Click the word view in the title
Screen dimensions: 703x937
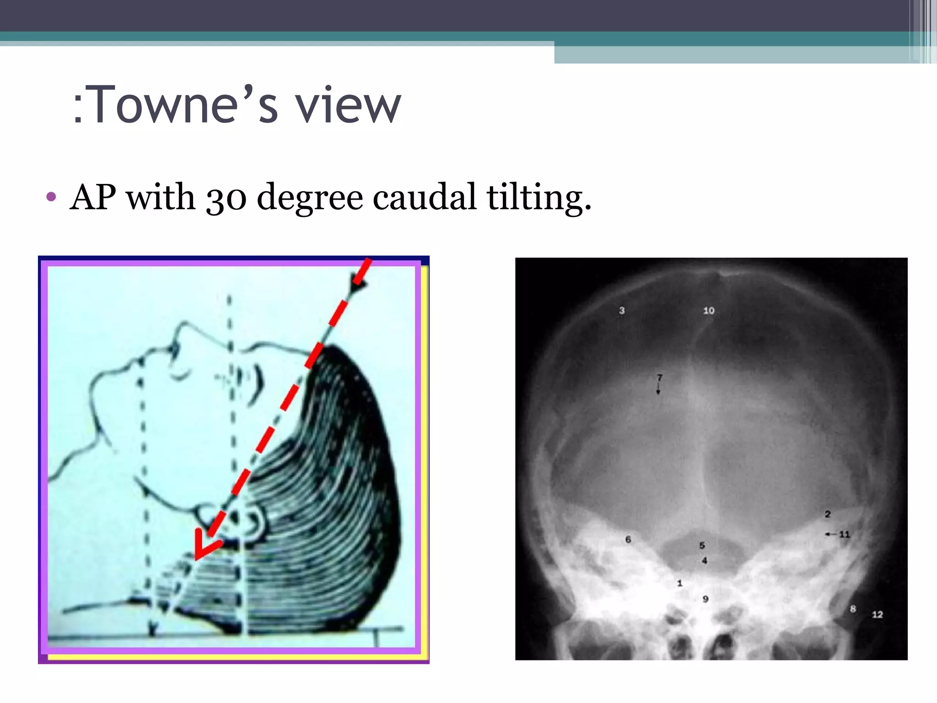[x=348, y=105]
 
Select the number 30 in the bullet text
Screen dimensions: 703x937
[x=226, y=198]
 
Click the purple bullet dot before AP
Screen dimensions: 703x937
[x=51, y=197]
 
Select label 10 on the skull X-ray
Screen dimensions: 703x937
[x=709, y=311]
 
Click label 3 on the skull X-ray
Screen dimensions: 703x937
[x=622, y=310]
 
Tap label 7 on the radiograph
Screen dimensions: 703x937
[x=659, y=378]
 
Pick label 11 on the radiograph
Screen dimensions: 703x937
[x=844, y=534]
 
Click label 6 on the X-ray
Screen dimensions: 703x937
[x=628, y=540]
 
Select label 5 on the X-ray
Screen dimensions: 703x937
[x=702, y=546]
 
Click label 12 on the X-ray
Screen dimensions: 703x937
[x=877, y=615]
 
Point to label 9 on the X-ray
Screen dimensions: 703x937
[x=705, y=599]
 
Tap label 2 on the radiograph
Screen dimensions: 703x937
[x=828, y=514]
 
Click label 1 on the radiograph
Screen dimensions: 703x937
[x=680, y=583]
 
